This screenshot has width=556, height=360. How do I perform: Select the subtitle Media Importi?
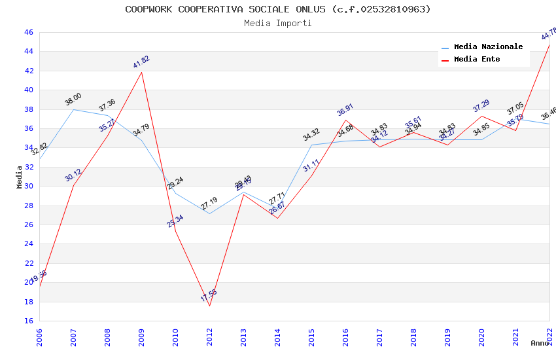(x=278, y=23)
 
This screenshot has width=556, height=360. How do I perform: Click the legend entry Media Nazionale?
(x=488, y=47)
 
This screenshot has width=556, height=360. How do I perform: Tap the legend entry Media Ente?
(x=477, y=60)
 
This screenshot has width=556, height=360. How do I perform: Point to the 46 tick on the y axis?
(x=28, y=32)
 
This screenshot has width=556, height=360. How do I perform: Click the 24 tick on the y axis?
(x=28, y=244)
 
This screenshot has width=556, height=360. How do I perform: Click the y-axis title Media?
(x=20, y=177)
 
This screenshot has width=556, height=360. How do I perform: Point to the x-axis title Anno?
(x=540, y=343)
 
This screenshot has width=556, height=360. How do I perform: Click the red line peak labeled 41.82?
(x=142, y=72)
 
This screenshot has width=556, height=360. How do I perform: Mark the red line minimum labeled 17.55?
(x=209, y=306)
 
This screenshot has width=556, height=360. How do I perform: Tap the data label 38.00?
(x=73, y=99)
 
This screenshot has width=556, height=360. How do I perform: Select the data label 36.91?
(x=345, y=109)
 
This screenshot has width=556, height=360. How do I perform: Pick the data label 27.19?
(x=209, y=204)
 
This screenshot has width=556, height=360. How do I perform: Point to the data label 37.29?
(x=481, y=105)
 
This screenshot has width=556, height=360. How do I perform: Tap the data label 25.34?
(x=175, y=221)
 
